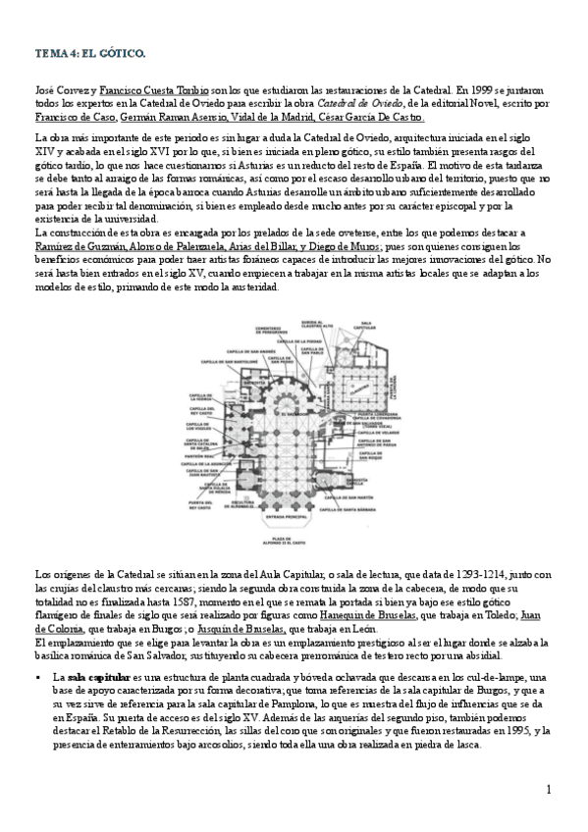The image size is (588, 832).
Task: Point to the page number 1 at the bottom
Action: click(549, 790)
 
